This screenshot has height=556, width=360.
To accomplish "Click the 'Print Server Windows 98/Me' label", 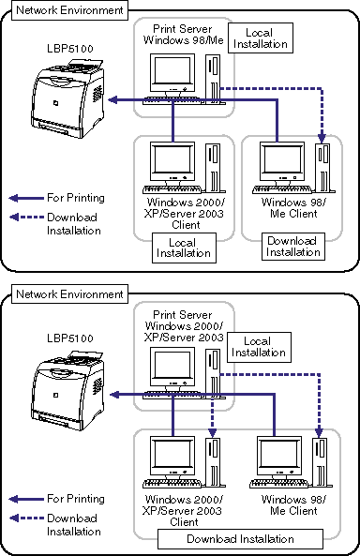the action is click(183, 35).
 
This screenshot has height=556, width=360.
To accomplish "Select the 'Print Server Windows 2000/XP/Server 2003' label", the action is click(184, 326).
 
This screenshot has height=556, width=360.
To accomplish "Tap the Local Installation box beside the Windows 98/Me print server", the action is click(261, 38).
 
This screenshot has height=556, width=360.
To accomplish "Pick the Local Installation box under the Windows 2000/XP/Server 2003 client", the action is click(184, 248).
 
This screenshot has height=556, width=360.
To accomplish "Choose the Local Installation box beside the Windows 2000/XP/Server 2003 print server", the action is click(259, 347).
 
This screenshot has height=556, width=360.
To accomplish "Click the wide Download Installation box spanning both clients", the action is click(240, 539).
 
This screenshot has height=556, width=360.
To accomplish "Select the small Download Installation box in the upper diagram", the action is click(292, 247).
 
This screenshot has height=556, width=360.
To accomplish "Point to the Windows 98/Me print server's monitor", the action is click(172, 74).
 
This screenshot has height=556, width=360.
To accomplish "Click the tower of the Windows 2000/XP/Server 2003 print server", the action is click(214, 373).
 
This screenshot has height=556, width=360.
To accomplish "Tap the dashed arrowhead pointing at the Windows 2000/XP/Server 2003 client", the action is click(212, 432).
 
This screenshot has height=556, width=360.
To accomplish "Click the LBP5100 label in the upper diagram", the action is click(70, 48).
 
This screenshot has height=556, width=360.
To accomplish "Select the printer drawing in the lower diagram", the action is click(67, 391).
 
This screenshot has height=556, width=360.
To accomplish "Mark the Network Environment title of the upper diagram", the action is click(69, 10).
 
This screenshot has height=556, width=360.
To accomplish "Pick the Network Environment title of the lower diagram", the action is click(69, 294).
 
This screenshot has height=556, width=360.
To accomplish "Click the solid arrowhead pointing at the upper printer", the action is click(112, 100).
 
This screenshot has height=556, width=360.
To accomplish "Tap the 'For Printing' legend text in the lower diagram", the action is click(76, 499).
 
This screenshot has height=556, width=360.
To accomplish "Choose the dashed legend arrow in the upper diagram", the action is click(26, 217).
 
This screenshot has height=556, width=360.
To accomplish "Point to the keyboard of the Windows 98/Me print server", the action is click(172, 100).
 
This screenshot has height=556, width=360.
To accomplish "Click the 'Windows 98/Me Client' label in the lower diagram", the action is click(293, 505).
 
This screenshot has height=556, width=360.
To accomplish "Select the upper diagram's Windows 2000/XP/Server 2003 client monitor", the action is click(172, 163).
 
